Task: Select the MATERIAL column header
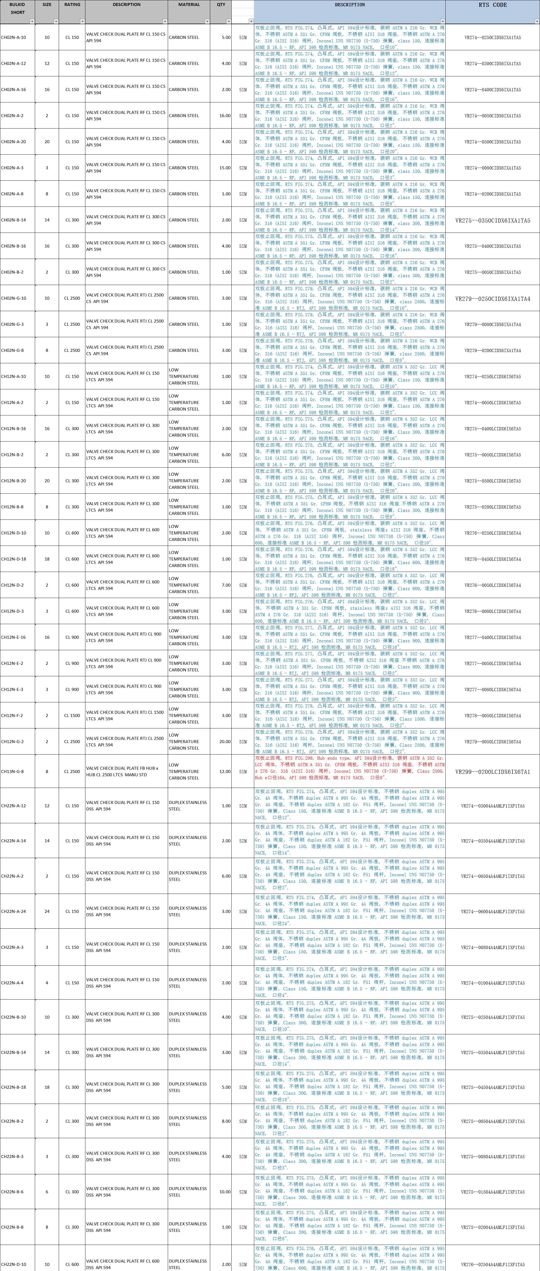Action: [189, 5]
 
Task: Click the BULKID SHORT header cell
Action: [17, 8]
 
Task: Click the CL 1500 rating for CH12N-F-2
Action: [72, 715]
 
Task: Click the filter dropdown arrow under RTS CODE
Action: [536, 21]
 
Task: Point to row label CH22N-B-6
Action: [12, 1192]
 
